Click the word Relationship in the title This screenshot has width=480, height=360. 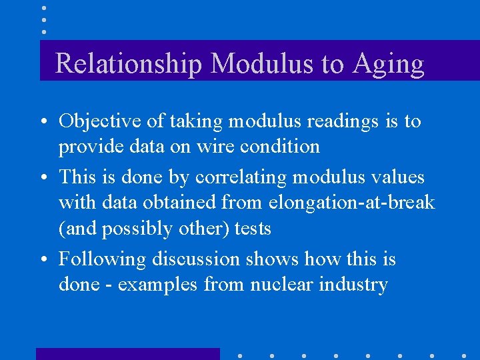coord(129,64)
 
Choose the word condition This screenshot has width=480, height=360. coord(280,146)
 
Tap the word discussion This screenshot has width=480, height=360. coord(195,259)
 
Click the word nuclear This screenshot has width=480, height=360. coord(279,285)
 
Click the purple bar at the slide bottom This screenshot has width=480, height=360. coord(127,353)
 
